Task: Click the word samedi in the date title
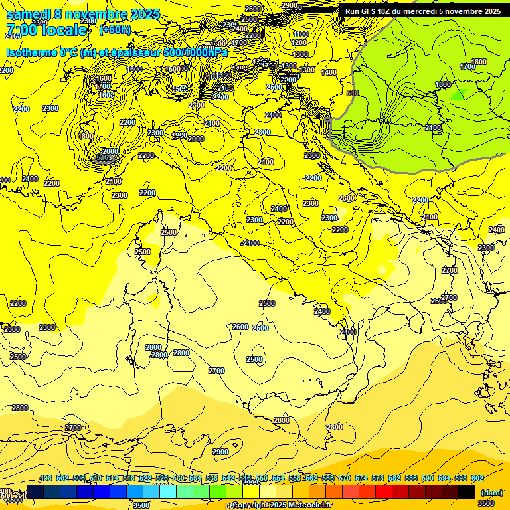tap(29, 14)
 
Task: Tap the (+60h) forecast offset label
tap(116, 30)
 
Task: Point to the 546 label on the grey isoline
tap(353, 93)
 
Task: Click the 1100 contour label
tap(300, 34)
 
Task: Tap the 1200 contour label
tap(299, 43)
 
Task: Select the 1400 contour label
tap(329, 72)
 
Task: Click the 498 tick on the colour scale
tap(46, 478)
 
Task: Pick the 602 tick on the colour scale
tap(477, 478)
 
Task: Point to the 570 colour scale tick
tap(344, 478)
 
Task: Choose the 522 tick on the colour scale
tap(145, 478)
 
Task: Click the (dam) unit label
tap(491, 492)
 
